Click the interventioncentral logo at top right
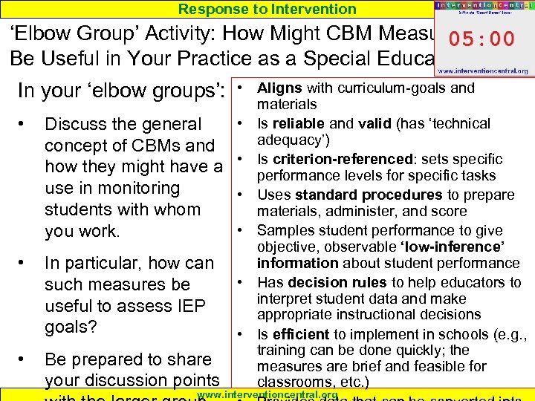[481, 7]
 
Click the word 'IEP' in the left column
[189, 305]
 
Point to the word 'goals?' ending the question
[72, 327]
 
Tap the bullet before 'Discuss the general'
[27, 123]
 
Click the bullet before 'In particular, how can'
[27, 262]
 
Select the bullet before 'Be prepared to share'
[27, 359]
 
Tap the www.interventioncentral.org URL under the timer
[482, 71]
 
